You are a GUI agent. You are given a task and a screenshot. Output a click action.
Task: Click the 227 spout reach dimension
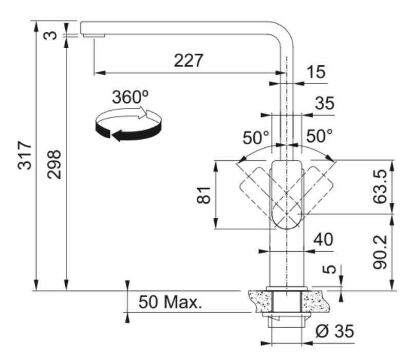click(x=189, y=61)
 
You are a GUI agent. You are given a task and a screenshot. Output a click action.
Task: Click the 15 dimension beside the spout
click(x=316, y=72)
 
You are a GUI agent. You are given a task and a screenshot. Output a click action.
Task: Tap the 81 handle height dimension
click(x=204, y=195)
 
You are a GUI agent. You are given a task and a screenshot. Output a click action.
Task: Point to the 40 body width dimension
click(x=324, y=239)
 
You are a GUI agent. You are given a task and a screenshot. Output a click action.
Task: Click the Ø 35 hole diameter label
click(x=334, y=332)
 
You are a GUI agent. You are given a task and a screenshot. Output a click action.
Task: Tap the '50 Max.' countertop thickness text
click(x=170, y=302)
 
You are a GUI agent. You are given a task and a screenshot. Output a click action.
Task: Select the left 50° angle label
click(x=256, y=137)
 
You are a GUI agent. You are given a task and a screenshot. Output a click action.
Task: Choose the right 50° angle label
click(x=319, y=136)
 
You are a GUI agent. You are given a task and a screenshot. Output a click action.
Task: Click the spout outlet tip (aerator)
click(x=93, y=35)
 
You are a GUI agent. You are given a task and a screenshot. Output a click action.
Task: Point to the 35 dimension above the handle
click(x=324, y=103)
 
